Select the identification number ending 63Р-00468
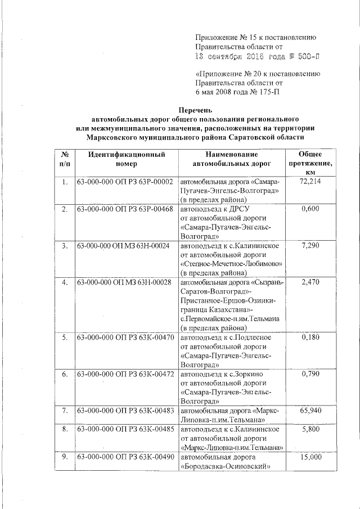pyautogui.click(x=124, y=209)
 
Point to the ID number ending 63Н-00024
pyautogui.click(x=123, y=246)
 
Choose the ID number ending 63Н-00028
pyautogui.click(x=124, y=282)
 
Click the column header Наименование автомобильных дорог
pyautogui.click(x=231, y=158)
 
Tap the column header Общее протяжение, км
pyautogui.click(x=310, y=163)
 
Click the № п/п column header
pyautogui.click(x=65, y=158)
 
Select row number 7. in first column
pyautogui.click(x=65, y=411)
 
